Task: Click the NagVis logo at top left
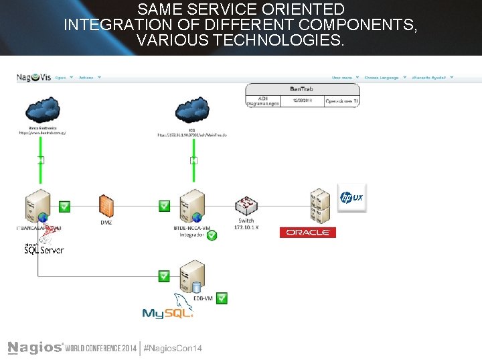click(x=33, y=78)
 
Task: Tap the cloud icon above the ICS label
click(x=192, y=109)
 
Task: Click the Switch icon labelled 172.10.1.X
click(x=246, y=206)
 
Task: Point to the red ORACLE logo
click(x=307, y=233)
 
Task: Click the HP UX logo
click(x=351, y=197)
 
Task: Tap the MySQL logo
click(x=168, y=310)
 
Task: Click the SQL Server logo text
click(x=44, y=250)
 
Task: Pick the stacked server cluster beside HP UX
click(x=320, y=206)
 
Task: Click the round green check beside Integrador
click(x=212, y=235)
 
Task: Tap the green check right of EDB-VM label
click(x=222, y=298)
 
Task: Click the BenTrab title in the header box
click(x=303, y=89)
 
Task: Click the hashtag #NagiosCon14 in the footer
click(x=173, y=348)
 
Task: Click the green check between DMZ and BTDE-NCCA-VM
click(x=164, y=206)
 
